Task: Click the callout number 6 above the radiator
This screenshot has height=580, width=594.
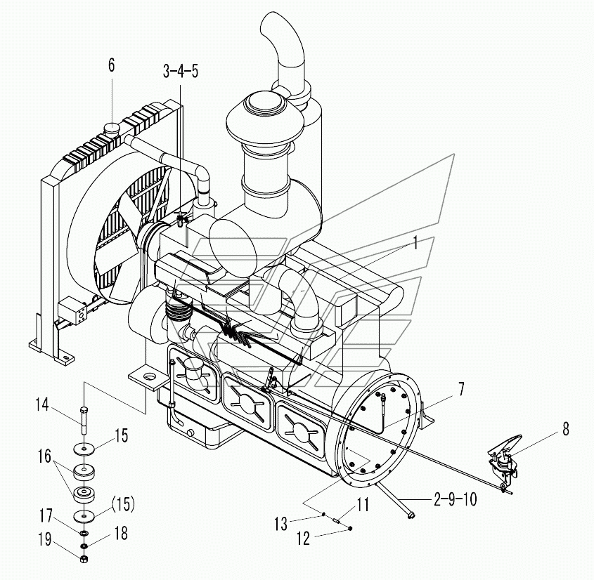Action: coord(111,65)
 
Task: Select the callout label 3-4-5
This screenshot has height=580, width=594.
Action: coord(181,71)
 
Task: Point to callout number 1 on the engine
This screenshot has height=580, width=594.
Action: coord(415,243)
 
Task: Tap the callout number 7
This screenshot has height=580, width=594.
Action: coord(460,389)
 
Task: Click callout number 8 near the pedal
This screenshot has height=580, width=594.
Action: coord(566,429)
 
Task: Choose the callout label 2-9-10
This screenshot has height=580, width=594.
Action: coord(456,499)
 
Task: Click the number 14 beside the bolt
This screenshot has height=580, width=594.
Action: coord(42,405)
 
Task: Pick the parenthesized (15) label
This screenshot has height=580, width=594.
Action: coord(123,504)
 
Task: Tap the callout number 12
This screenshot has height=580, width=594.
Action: coord(303,538)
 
